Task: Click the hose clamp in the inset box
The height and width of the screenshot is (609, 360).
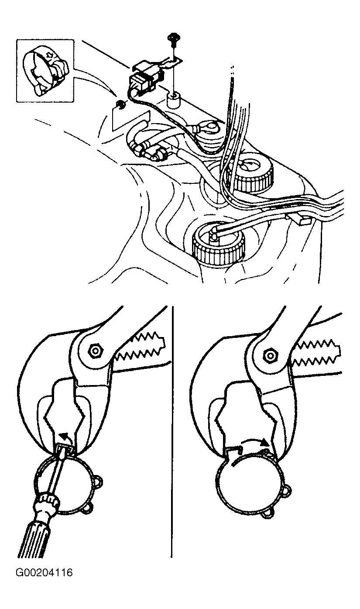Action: (x=45, y=70)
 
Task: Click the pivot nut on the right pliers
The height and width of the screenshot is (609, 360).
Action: (x=271, y=355)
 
